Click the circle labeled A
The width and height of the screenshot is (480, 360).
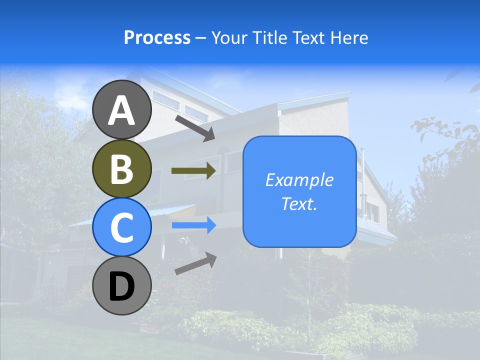pos(122,109)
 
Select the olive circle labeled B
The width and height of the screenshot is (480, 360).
pos(122,169)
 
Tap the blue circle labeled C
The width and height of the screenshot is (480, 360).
pos(122,227)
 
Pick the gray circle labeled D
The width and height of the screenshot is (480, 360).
pos(122,286)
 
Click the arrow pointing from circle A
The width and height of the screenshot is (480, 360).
pos(194,128)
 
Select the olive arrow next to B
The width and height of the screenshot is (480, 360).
pos(193,171)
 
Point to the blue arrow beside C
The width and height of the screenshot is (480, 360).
pos(193,225)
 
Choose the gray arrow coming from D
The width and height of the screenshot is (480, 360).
pos(195,263)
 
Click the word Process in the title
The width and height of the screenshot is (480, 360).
pos(157,37)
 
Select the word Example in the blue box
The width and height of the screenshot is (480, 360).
pos(299,180)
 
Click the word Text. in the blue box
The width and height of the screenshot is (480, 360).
pos(299,203)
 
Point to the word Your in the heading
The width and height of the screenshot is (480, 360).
pos(228,37)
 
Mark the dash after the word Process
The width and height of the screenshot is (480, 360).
pos(200,38)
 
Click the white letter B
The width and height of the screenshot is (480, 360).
pos(122,169)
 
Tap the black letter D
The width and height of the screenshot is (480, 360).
pos(122,286)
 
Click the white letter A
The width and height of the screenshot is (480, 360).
pos(122,109)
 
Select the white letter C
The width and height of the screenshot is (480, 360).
pos(122,227)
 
